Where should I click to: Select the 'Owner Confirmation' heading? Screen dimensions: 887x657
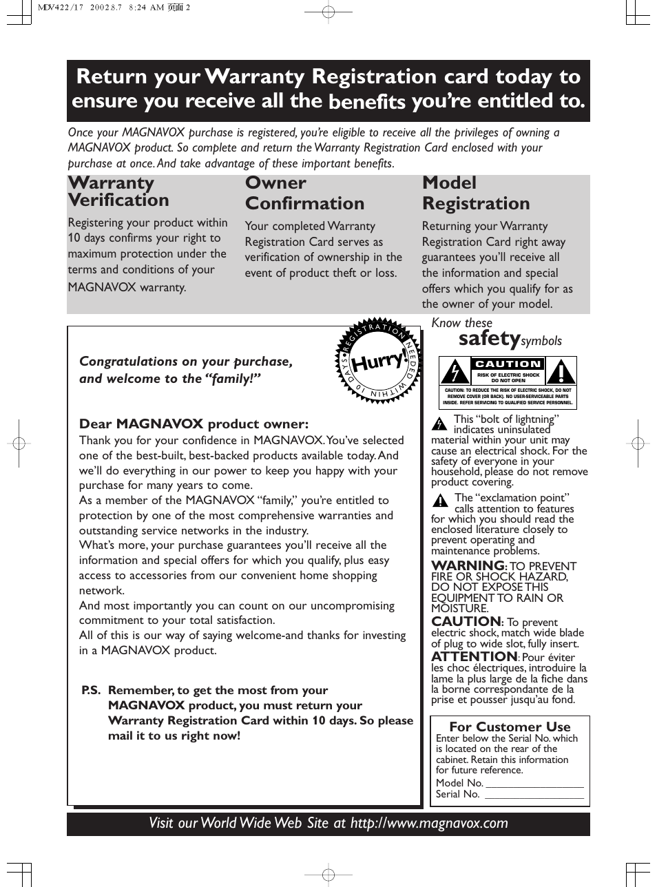(x=304, y=194)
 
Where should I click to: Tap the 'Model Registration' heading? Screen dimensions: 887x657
(x=476, y=194)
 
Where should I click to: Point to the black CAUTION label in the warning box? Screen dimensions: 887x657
(x=508, y=364)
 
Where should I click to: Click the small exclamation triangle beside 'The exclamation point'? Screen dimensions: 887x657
(x=440, y=501)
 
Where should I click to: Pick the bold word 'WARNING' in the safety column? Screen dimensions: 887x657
(x=468, y=566)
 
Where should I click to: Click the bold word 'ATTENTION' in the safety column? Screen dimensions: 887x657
(x=474, y=657)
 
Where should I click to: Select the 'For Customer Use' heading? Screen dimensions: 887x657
(x=510, y=727)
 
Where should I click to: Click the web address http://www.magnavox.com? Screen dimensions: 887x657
(x=429, y=824)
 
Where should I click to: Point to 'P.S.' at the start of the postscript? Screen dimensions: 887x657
(x=91, y=690)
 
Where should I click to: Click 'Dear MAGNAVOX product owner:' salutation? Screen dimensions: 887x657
(x=194, y=424)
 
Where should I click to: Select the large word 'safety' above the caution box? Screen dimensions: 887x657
(x=489, y=338)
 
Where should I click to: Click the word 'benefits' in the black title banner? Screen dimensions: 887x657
(x=366, y=102)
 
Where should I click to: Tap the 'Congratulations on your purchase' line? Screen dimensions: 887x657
(x=186, y=362)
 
